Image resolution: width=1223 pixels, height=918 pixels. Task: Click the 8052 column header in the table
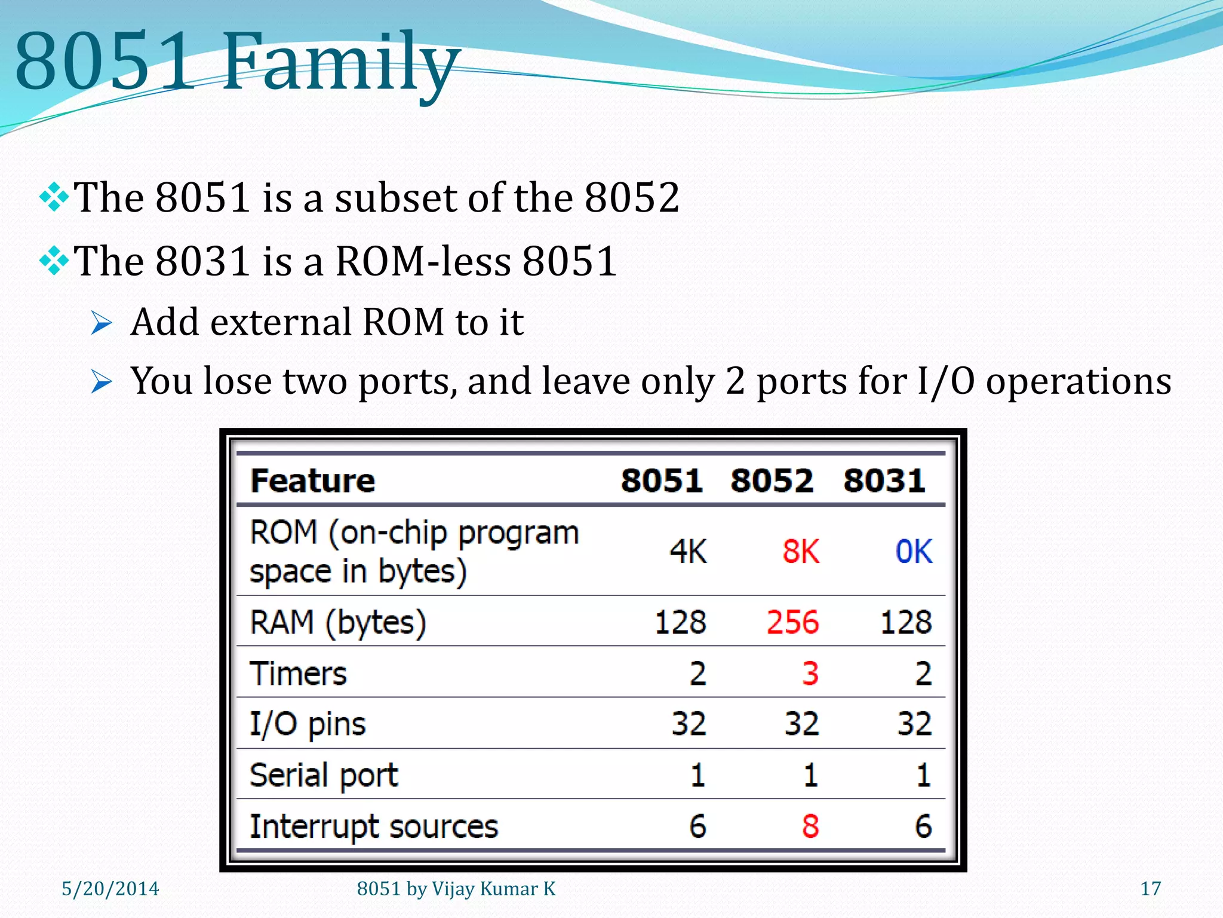(x=772, y=481)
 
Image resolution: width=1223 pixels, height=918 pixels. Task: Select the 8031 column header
(x=884, y=481)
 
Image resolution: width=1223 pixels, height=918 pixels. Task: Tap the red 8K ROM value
(x=801, y=551)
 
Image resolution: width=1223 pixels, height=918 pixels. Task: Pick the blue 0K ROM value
(x=914, y=551)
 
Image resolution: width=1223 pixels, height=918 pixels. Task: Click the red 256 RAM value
(x=792, y=622)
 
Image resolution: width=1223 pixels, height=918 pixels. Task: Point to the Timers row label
(x=298, y=674)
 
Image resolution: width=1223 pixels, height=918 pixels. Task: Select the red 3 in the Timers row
(x=810, y=674)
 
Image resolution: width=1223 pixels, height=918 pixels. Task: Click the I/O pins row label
(x=308, y=724)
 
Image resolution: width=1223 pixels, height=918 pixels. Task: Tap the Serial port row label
(x=324, y=775)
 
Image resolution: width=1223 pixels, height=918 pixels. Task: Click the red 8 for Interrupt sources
(x=810, y=827)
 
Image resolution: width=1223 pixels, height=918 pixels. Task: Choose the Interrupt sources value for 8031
(x=923, y=827)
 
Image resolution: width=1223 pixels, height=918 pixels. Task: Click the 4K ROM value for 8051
(x=688, y=551)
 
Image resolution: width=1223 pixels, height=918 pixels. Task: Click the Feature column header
(x=313, y=481)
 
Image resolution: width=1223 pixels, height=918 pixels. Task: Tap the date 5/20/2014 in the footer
(x=110, y=889)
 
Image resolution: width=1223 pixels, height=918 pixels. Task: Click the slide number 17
(x=1151, y=889)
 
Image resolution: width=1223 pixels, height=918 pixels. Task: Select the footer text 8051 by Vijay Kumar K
(x=456, y=889)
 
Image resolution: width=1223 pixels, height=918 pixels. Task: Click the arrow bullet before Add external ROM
(x=102, y=323)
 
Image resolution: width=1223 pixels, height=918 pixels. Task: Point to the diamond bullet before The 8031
(x=54, y=261)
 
